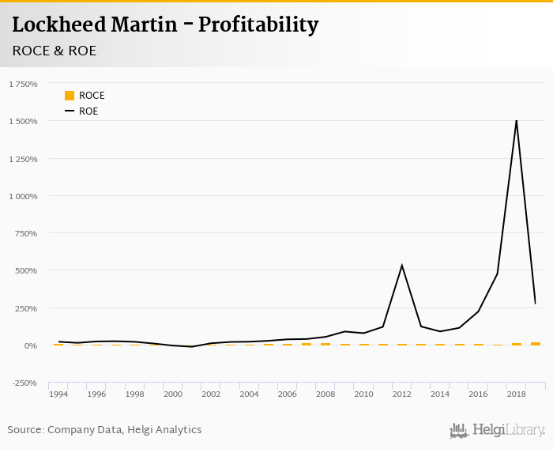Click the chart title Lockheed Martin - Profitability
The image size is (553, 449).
[x=165, y=25]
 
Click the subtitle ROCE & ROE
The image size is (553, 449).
[x=55, y=51]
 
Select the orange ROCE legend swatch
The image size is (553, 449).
[x=70, y=96]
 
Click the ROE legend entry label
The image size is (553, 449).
[x=88, y=111]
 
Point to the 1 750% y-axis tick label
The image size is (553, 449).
[x=23, y=84]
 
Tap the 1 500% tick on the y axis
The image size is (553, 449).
[x=23, y=121]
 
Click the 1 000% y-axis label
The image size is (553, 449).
[x=23, y=196]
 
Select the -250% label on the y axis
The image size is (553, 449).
[x=26, y=383]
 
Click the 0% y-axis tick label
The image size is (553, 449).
[x=32, y=345]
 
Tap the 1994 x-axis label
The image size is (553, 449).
[x=58, y=394]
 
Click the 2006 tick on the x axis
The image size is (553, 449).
[x=287, y=394]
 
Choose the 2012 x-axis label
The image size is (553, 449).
[x=401, y=394]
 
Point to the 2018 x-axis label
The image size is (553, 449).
[x=516, y=394]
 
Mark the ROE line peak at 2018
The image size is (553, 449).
[x=517, y=120]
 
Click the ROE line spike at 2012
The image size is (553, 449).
[x=402, y=266]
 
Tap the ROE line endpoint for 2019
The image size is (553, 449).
[x=535, y=304]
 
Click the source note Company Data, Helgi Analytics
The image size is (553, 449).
[x=104, y=430]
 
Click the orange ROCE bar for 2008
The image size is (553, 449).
[x=325, y=344]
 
